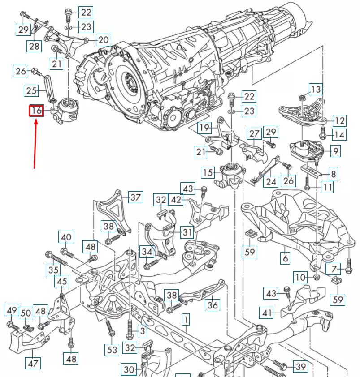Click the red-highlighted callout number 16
coord(36,110)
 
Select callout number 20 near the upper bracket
coord(103,40)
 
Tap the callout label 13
coord(316,89)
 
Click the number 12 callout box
coord(339,120)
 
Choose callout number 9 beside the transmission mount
coord(336,151)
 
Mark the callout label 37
coord(135,197)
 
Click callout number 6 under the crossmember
coord(285,258)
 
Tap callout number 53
coord(112,349)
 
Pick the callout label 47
coord(33,363)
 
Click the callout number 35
coord(53,270)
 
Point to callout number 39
coord(300,367)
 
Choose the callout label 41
coord(267,313)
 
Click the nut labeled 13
coord(301,97)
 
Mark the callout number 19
coord(204,128)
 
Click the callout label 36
coord(213,305)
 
